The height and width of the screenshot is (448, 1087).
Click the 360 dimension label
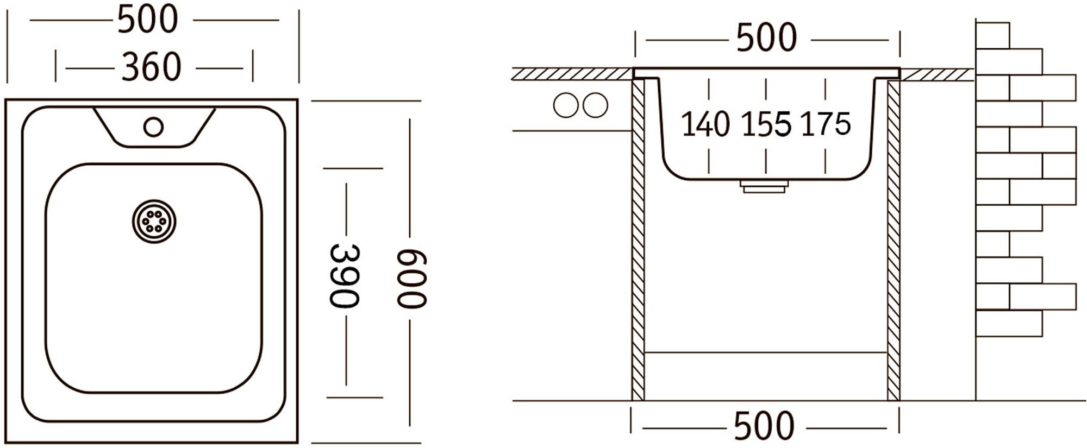coord(151,68)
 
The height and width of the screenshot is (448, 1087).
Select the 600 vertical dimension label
coord(411,279)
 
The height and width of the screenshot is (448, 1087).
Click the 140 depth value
coord(705,124)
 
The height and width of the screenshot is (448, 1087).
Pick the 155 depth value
coord(766,124)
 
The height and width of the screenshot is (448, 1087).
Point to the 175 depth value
coord(825,124)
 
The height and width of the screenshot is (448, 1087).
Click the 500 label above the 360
coord(148,20)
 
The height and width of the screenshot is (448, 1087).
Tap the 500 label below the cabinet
coord(764,426)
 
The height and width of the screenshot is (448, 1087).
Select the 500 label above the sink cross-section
coord(766,38)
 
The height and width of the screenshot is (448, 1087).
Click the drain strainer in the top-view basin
coord(154,221)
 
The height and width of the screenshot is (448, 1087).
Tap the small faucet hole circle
coord(153,127)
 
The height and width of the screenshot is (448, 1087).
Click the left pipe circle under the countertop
coord(566,105)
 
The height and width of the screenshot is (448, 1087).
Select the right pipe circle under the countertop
coord(595,105)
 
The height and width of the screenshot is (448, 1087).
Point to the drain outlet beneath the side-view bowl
coord(764,186)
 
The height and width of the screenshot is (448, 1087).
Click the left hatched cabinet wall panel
coord(638,239)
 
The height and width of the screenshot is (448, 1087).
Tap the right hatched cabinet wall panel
coord(893,239)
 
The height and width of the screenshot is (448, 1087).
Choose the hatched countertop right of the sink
coord(936,74)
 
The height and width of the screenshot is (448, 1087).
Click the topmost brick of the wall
coord(992,35)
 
